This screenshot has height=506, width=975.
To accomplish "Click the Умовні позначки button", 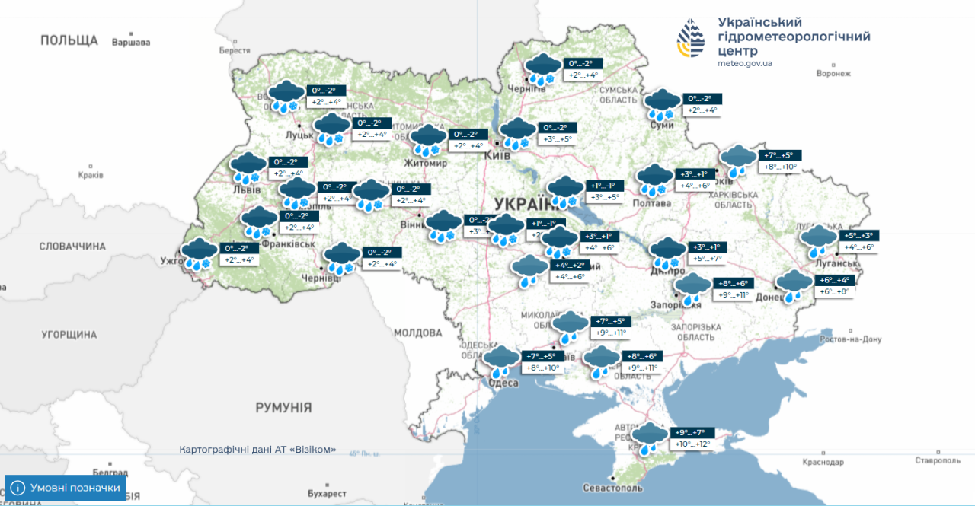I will (66, 488).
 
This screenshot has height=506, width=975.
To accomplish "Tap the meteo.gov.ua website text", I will (744, 63).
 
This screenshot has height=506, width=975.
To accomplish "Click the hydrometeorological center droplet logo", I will (691, 39).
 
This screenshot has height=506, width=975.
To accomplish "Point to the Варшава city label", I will (131, 42).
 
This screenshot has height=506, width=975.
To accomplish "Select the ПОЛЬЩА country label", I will (69, 40).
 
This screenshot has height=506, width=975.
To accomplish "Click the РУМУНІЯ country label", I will (283, 407).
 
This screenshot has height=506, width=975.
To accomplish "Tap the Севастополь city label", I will (612, 488).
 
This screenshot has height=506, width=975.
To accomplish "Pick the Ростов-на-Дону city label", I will (852, 339).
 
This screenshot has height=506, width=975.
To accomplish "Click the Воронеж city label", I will (833, 74).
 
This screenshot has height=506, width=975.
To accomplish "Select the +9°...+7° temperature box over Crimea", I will (690, 432).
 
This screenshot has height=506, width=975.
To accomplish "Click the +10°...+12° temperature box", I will (691, 444).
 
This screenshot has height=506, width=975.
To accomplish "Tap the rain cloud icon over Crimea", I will (649, 438).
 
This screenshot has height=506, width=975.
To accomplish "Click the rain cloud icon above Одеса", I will (500, 361).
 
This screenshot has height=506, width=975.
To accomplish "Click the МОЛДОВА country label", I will (417, 333).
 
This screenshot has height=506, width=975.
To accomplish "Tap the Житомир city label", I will (427, 163).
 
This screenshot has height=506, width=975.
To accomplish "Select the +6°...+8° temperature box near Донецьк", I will (834, 291).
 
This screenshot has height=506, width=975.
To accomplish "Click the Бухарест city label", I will (327, 493).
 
